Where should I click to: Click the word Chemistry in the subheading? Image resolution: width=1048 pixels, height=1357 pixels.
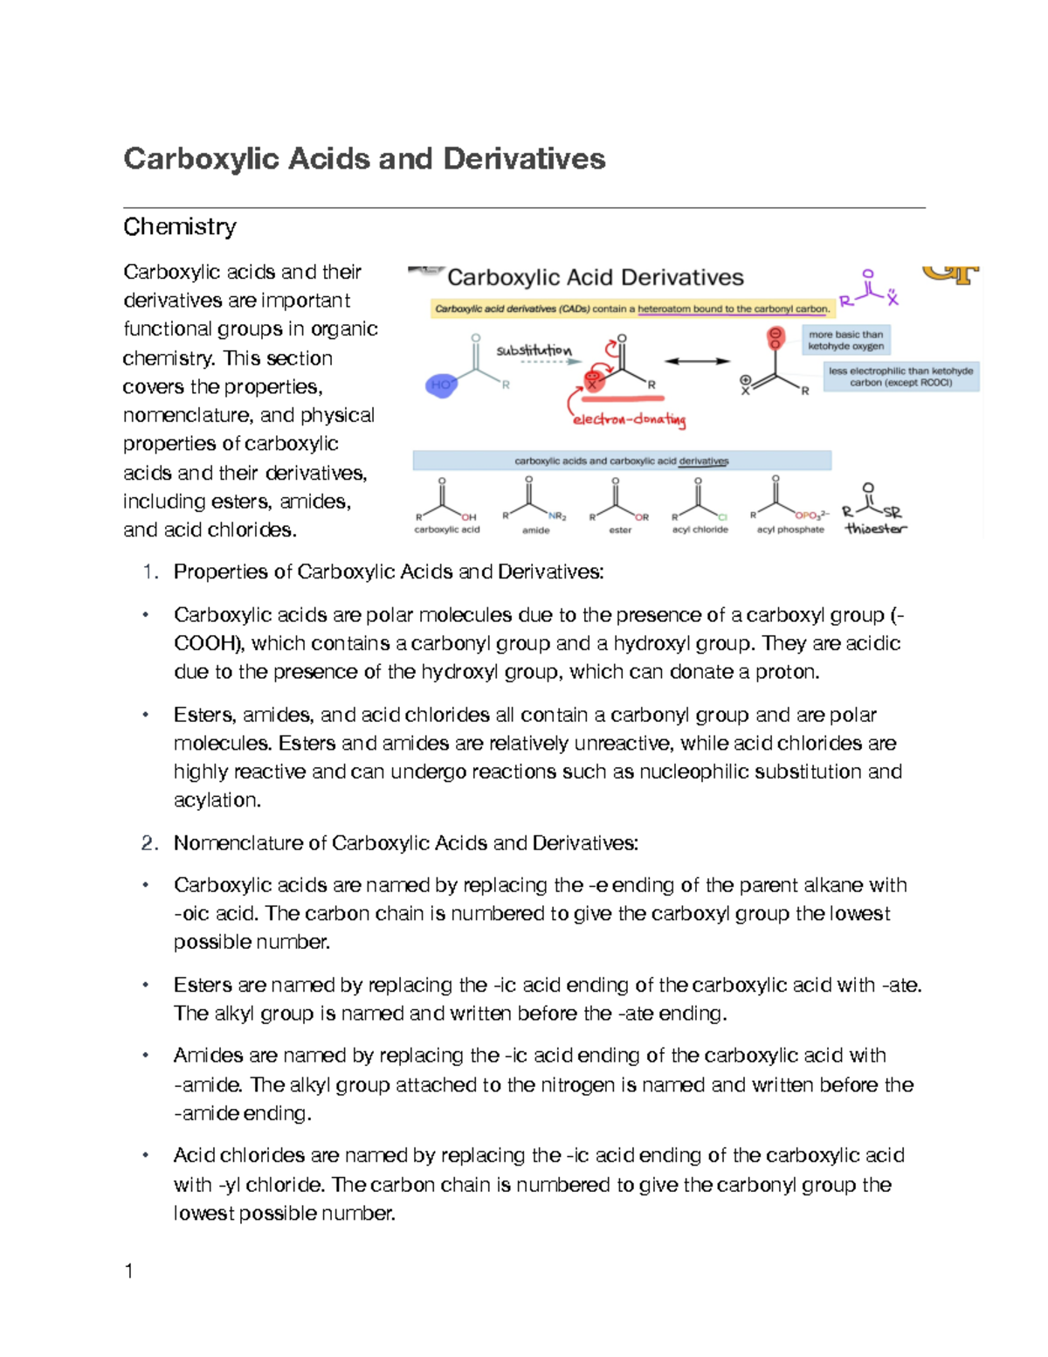(x=179, y=227)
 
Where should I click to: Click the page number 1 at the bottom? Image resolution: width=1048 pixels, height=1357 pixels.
(x=129, y=1270)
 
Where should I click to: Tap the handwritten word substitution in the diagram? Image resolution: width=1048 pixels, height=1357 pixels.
(x=534, y=350)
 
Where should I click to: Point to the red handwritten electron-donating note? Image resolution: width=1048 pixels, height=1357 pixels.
(x=629, y=419)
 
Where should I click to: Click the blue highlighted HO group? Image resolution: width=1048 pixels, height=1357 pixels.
(x=441, y=384)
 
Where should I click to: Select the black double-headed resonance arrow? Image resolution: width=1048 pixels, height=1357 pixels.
(x=697, y=361)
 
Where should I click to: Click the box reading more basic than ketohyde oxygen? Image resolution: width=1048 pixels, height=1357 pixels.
(x=845, y=340)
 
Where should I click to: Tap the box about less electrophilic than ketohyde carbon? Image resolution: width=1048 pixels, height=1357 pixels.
(x=900, y=377)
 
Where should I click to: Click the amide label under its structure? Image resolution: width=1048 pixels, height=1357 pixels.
(x=535, y=530)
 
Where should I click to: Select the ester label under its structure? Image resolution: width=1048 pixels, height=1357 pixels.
(x=620, y=530)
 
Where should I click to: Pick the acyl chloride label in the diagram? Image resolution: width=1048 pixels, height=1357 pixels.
(x=700, y=530)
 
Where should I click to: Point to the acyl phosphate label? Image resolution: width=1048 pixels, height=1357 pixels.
(x=790, y=530)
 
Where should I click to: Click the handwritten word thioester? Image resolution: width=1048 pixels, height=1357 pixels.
(x=875, y=529)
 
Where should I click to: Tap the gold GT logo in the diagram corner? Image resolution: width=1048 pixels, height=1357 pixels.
(x=952, y=274)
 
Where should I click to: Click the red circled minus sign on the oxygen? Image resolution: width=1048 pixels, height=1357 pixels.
(x=775, y=335)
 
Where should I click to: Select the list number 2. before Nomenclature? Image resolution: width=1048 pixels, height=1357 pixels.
(x=149, y=843)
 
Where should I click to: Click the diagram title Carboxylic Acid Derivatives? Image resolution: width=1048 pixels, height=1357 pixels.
(x=595, y=278)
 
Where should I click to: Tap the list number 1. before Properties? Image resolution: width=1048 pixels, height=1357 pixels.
(x=149, y=572)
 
